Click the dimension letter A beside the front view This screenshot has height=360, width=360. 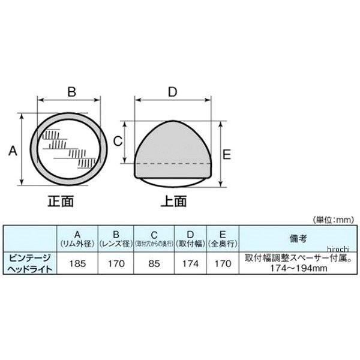tap(11, 152)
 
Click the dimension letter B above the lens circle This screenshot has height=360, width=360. tap(71, 92)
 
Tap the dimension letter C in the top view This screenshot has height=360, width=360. tap(118, 142)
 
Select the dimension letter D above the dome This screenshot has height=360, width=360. tap(172, 92)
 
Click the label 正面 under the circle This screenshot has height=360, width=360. tap(60, 202)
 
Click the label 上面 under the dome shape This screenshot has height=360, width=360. tap(173, 202)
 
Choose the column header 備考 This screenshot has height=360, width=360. tap(298, 239)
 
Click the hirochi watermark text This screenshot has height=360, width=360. tap(341, 248)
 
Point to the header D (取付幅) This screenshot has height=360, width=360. tap(190, 239)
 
